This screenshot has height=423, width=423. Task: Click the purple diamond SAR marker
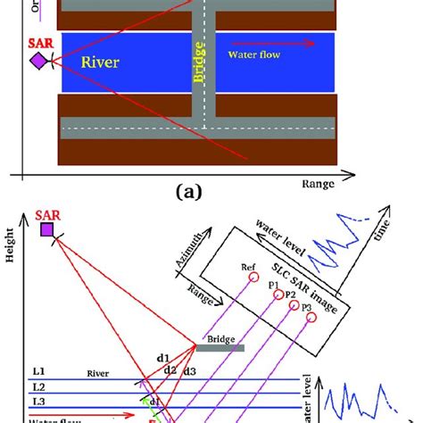(38, 60)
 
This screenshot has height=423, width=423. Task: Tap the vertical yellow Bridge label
(202, 64)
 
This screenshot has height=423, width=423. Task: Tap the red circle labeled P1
(276, 294)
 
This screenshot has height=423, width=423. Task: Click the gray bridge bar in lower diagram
(220, 348)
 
